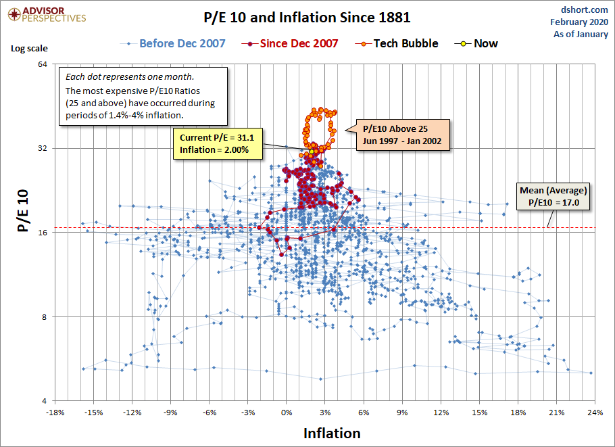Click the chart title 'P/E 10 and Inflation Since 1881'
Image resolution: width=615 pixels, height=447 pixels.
(307, 17)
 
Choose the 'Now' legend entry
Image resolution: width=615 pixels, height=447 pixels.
(485, 43)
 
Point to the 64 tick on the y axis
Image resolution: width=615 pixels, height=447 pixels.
(41, 64)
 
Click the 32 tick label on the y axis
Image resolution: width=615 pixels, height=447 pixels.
(41, 149)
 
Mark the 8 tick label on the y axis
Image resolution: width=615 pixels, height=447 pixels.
(44, 317)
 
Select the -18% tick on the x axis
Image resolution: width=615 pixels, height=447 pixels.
(55, 413)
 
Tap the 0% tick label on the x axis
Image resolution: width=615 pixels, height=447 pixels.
(287, 413)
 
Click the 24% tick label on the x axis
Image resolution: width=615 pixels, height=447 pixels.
(595, 413)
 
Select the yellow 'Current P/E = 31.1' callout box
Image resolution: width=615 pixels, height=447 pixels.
(218, 143)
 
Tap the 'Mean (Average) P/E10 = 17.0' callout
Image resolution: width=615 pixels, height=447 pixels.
(553, 196)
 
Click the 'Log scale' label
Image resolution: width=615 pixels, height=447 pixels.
(26, 49)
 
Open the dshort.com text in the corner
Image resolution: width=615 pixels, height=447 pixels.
(585, 10)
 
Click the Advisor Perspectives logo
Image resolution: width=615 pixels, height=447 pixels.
(45, 14)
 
